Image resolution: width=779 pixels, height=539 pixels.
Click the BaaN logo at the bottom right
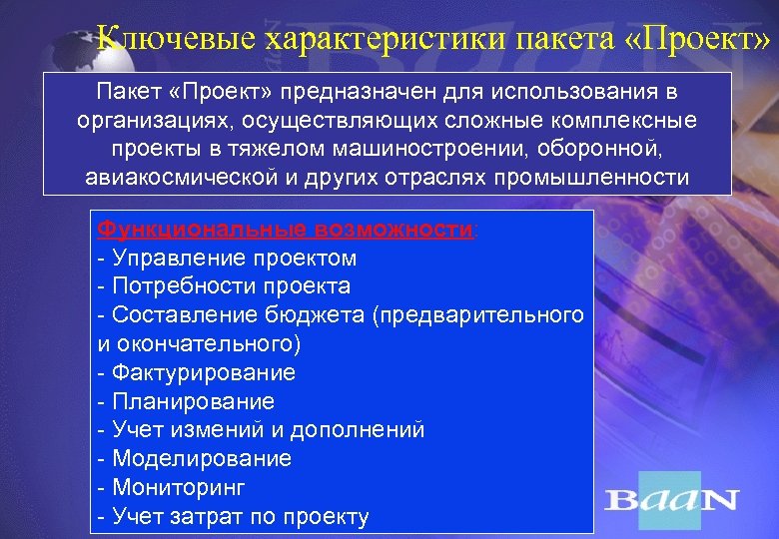coord(671,499)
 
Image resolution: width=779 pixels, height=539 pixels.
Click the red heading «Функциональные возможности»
coord(286,229)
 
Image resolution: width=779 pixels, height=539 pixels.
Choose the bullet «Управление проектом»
coord(227,258)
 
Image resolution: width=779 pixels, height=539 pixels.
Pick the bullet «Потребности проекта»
coord(224,286)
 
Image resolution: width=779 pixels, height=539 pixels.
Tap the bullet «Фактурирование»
coord(197,372)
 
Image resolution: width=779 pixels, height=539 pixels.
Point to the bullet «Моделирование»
coord(195,459)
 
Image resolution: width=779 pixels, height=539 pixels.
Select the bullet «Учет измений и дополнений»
coord(261,430)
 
